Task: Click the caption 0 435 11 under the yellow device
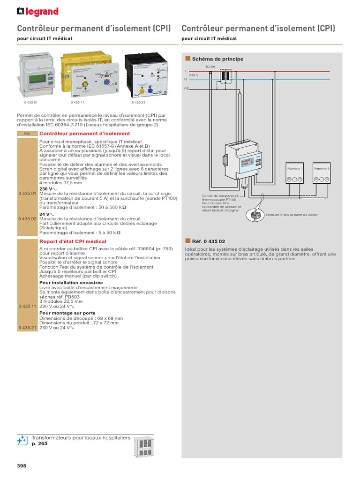click(x=77, y=102)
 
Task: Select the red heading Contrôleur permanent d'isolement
click(x=84, y=134)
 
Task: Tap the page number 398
click(x=22, y=465)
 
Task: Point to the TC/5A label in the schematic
click(x=210, y=67)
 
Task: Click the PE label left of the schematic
click(x=186, y=88)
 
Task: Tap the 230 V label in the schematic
click(x=194, y=75)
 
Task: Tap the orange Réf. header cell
click(x=27, y=134)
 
